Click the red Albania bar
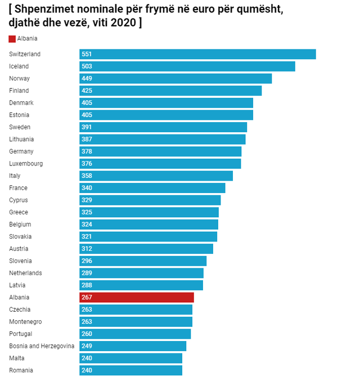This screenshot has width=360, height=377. (137, 297)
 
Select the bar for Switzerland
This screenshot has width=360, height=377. (197, 54)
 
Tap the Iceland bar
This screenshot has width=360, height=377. (187, 66)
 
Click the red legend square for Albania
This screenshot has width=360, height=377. (12, 39)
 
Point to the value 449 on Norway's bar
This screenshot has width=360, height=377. (87, 79)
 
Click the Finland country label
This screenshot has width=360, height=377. (19, 91)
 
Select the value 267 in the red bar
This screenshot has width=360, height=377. (87, 298)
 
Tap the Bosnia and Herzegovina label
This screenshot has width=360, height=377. (42, 346)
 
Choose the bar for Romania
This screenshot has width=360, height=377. (130, 370)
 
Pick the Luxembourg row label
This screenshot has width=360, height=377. (26, 164)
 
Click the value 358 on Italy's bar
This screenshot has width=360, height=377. (87, 176)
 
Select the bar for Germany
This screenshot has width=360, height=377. (160, 151)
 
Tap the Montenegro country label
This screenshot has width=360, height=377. (25, 322)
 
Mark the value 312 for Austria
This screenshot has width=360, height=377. (87, 249)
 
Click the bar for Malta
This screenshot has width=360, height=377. (130, 358)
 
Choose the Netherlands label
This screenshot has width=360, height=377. (25, 273)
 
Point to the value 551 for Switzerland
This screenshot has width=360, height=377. (87, 54)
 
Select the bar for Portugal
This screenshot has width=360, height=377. (135, 334)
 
